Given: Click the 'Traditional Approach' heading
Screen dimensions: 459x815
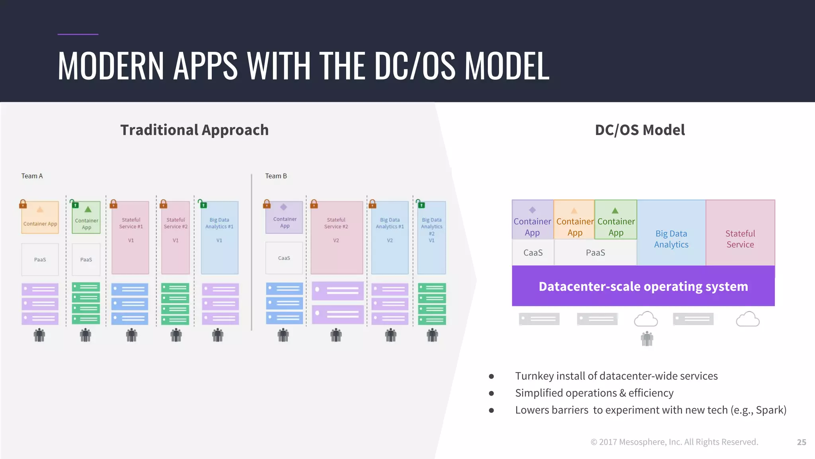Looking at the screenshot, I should (x=194, y=130).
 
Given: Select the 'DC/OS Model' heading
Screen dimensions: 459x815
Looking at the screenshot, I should (x=640, y=130).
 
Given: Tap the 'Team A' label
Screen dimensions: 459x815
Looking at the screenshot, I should (x=32, y=176).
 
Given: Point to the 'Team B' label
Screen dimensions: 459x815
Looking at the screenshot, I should (x=276, y=176).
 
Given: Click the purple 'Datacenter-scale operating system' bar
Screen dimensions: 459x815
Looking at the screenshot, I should (x=643, y=286).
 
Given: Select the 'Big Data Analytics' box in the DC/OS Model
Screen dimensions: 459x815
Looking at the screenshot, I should (x=671, y=239).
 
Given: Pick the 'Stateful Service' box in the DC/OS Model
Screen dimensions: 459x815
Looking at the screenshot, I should (x=740, y=239).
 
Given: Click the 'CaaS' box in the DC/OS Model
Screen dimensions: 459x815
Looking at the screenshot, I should (x=533, y=253).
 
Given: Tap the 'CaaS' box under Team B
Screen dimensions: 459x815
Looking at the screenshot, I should (x=284, y=258).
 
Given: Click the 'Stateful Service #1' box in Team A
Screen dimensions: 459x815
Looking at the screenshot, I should (x=131, y=237).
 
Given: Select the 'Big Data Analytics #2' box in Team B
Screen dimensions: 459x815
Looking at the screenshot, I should (x=431, y=237).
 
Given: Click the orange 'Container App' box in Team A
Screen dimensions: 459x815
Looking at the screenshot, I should (x=40, y=218).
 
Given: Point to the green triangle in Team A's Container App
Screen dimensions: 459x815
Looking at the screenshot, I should (x=88, y=210).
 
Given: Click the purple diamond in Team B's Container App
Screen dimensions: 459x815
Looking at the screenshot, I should (x=283, y=207).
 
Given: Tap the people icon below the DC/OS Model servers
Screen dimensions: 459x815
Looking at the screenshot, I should (x=647, y=339).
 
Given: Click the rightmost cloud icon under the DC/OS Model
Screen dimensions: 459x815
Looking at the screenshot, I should (x=747, y=320).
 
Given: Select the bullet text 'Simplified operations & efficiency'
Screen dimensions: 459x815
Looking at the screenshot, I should (x=594, y=393).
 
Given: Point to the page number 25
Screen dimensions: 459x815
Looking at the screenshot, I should (x=801, y=442).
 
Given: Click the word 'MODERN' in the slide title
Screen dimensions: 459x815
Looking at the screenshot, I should (x=111, y=66).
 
